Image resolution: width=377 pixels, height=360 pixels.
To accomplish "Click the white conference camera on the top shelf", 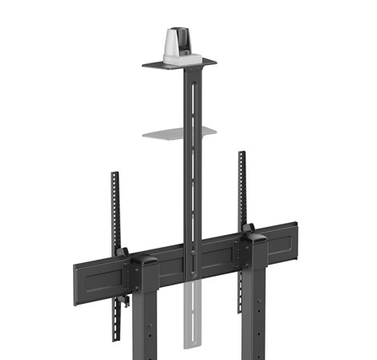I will pyautogui.click(x=177, y=44).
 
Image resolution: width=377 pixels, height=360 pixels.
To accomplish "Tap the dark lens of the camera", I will pyautogui.click(x=180, y=38).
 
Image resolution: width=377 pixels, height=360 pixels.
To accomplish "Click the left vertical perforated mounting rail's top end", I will pyautogui.click(x=115, y=176).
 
